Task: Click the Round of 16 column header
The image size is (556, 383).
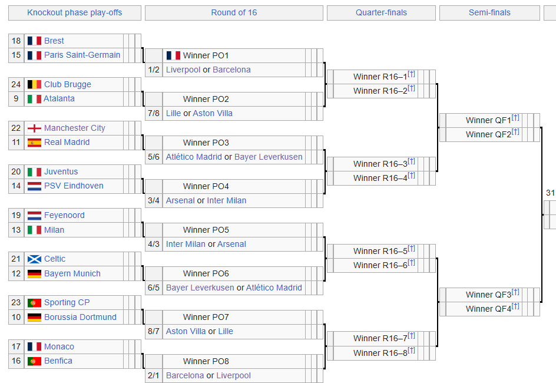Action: pos(234,13)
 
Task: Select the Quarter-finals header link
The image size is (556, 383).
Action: pos(381,13)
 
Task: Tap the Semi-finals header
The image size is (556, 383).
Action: pos(489,13)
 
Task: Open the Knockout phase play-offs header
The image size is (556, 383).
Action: pos(74,13)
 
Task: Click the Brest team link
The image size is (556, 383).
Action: pos(54,41)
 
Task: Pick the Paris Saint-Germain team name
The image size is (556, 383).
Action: pos(82,55)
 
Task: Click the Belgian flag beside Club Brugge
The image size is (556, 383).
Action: pos(34,84)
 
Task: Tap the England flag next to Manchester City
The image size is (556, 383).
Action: pos(34,128)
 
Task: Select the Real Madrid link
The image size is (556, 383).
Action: pos(67,142)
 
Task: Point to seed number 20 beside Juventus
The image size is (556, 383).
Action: pos(16,171)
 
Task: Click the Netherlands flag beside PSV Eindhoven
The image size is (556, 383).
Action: pos(34,186)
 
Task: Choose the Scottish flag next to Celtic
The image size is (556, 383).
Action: pos(34,259)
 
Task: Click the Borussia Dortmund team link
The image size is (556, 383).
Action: pos(80,317)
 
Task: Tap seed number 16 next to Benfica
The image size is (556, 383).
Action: pos(16,361)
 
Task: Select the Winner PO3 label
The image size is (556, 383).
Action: pos(206,143)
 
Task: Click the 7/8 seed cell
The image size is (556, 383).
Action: pos(154,114)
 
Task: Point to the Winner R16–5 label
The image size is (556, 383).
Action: pos(380,251)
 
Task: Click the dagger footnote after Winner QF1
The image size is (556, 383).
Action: pos(515,117)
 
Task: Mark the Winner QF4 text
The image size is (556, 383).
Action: pos(489,309)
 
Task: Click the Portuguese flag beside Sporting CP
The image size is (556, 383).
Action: pos(34,303)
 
